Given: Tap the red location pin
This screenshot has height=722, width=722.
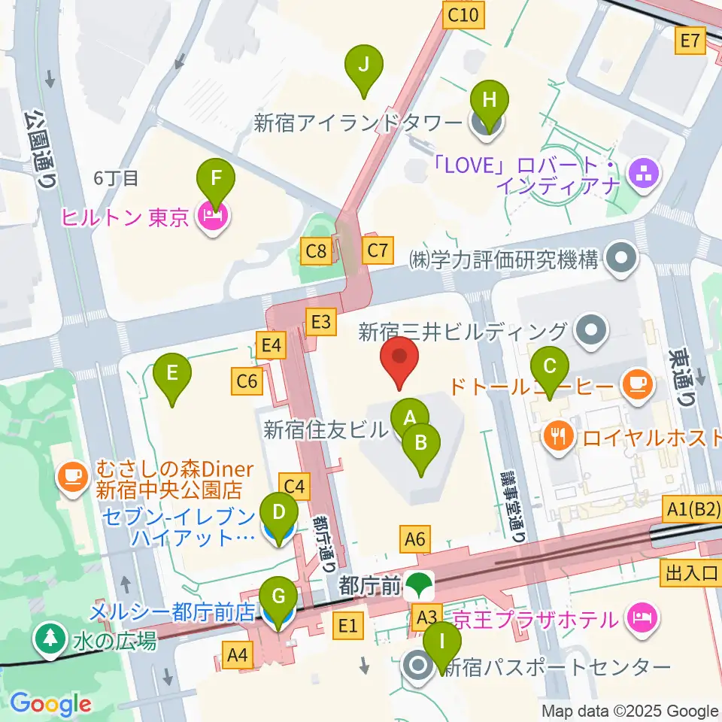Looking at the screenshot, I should click(x=400, y=361).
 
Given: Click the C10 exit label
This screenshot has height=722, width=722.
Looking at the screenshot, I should click(x=463, y=15).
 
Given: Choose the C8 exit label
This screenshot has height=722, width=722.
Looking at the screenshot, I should click(x=316, y=250).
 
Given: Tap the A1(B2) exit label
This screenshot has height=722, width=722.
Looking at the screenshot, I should click(x=693, y=510).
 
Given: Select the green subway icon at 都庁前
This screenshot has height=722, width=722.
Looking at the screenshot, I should click(x=416, y=584).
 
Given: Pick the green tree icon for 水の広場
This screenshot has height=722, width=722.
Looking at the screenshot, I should click(x=50, y=640).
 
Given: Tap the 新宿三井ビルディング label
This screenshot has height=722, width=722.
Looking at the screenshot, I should click(x=462, y=331).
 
